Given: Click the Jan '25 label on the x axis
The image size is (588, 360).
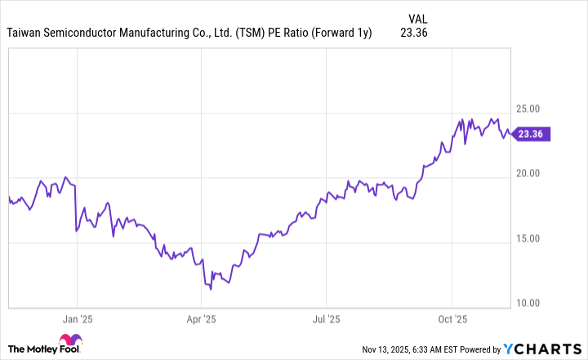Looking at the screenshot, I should tap(76, 319).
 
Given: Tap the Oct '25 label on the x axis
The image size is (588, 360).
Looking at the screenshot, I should tap(451, 319).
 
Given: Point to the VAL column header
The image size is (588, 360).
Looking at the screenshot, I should tap(416, 18).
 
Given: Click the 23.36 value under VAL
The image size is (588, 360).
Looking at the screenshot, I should tap(416, 33).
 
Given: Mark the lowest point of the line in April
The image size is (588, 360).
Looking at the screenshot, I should tap(211, 288).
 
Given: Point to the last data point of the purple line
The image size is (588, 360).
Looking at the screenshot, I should tap(513, 135).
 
